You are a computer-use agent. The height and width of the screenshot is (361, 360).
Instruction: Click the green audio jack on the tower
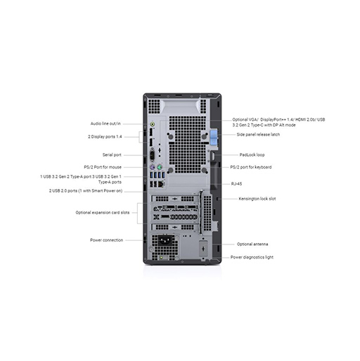(x=153, y=124)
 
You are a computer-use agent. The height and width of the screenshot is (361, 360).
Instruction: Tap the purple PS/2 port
(x=153, y=167)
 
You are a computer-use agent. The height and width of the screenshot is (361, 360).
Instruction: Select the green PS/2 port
(x=160, y=167)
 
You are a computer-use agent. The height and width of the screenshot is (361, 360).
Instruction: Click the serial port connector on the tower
(x=153, y=155)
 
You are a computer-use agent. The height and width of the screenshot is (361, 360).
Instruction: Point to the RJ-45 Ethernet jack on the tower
(x=161, y=184)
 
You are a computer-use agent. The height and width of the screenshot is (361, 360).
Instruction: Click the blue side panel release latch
(x=214, y=138)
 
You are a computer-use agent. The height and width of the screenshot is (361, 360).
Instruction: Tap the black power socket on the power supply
(x=166, y=240)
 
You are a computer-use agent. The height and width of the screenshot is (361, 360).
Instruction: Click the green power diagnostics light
(x=162, y=258)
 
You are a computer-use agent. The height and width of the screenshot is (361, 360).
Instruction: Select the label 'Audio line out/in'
(x=105, y=124)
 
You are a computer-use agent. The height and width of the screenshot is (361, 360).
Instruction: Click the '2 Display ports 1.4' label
(x=105, y=137)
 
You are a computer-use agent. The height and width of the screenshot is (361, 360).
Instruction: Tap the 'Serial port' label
(x=112, y=155)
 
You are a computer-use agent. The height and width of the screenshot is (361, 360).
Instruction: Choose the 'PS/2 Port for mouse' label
(x=103, y=167)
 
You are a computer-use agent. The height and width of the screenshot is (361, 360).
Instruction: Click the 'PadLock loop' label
(x=252, y=155)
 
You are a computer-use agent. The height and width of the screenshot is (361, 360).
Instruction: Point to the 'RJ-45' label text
(x=236, y=184)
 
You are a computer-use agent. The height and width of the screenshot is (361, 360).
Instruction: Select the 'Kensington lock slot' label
(x=257, y=199)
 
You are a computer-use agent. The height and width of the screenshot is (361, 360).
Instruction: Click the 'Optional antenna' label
(x=252, y=244)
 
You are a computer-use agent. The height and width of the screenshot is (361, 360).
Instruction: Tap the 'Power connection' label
(x=106, y=240)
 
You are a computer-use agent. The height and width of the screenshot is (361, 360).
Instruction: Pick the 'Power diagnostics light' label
(x=252, y=257)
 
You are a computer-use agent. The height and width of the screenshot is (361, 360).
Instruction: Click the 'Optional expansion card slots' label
(x=103, y=213)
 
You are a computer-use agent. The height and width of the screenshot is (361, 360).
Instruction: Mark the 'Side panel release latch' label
(x=258, y=135)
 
